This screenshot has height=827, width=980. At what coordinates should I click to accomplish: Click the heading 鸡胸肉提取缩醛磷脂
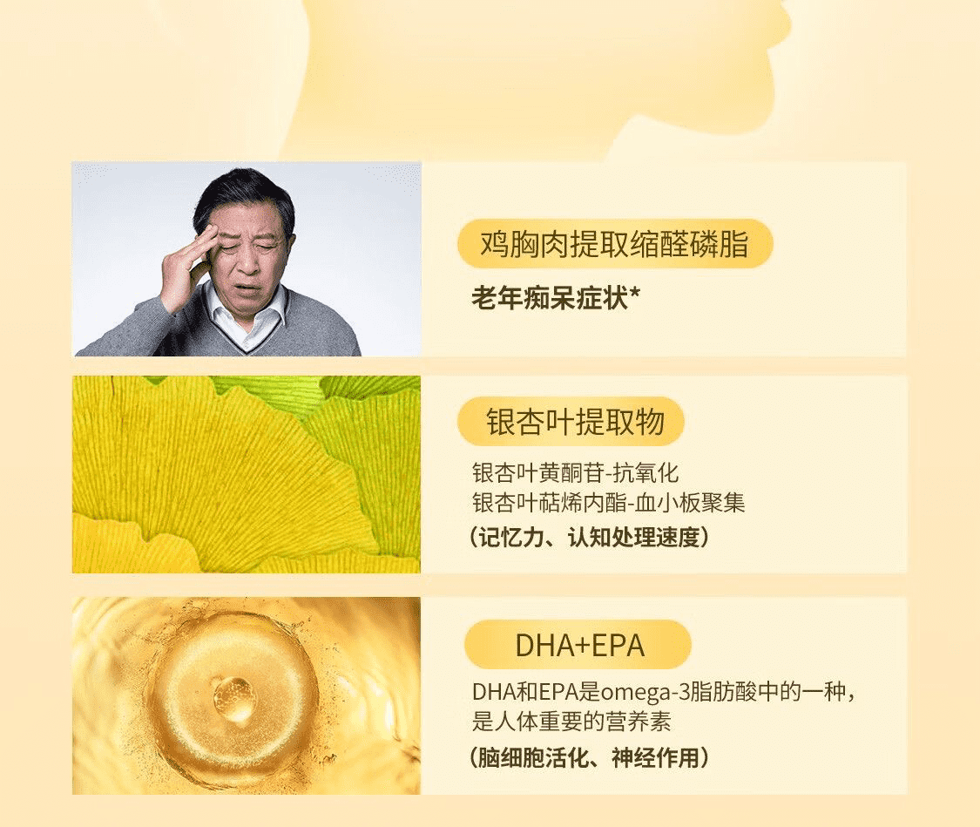[614, 244]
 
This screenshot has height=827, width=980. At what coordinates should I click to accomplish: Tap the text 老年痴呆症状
[550, 297]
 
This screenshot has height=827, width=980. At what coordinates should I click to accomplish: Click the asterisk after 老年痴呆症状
[635, 293]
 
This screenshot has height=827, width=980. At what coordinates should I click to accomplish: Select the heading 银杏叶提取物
[575, 421]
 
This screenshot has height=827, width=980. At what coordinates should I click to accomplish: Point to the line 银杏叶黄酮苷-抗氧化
[575, 472]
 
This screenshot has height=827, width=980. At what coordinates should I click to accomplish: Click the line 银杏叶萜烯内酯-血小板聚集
[609, 503]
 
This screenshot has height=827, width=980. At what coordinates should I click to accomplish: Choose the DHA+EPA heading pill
[578, 645]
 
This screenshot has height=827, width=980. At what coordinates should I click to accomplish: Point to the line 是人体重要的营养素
[571, 722]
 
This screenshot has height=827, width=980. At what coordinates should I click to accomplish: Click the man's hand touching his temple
[186, 268]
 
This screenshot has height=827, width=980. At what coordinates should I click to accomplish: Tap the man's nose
[248, 261]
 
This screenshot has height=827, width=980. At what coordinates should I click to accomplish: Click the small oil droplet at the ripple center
[234, 698]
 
